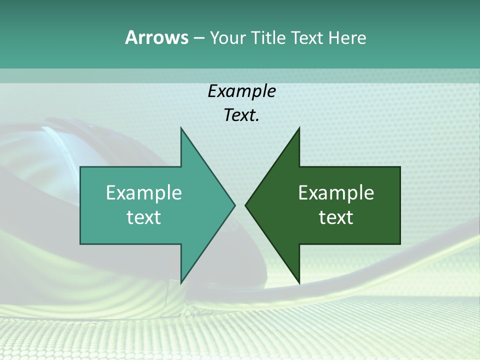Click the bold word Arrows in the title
pyautogui.click(x=156, y=37)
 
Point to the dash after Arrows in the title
pyautogui.click(x=198, y=38)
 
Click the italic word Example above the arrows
pyautogui.click(x=241, y=91)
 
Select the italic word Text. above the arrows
pyautogui.click(x=241, y=115)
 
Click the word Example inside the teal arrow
pyautogui.click(x=144, y=193)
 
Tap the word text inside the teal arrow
pyautogui.click(x=144, y=217)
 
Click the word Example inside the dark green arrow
pyautogui.click(x=336, y=193)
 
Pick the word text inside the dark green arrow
pyautogui.click(x=336, y=217)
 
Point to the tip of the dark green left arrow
pyautogui.click(x=246, y=205)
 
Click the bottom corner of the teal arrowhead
pyautogui.click(x=181, y=282)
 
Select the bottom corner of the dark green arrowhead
pyautogui.click(x=299, y=282)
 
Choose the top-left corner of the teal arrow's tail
pyautogui.click(x=81, y=167)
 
